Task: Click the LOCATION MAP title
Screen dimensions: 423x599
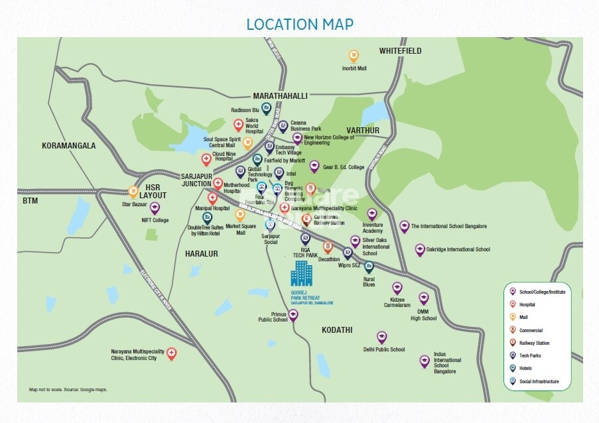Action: point(299,25)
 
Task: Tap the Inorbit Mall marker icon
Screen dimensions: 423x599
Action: point(354,56)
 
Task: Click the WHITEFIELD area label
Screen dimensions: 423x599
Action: point(400,51)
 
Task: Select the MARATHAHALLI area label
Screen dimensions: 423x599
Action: point(280,96)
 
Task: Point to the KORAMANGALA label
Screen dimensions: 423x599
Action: point(68,146)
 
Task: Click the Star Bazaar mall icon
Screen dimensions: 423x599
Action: point(133,192)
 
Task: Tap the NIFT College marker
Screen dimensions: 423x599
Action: point(155,208)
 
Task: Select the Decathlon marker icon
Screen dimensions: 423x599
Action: point(328,247)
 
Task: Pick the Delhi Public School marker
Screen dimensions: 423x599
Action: point(381,337)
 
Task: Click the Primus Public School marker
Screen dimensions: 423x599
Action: point(293,315)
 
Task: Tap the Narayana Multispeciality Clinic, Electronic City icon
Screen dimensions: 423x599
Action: point(172,353)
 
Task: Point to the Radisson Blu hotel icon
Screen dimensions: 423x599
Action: point(266,108)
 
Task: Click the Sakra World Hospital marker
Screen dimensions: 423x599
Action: point(238,124)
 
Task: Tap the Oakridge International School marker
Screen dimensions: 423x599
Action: point(419,249)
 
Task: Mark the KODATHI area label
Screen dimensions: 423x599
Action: point(337,330)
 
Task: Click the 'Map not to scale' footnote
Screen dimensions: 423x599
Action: point(68,390)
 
